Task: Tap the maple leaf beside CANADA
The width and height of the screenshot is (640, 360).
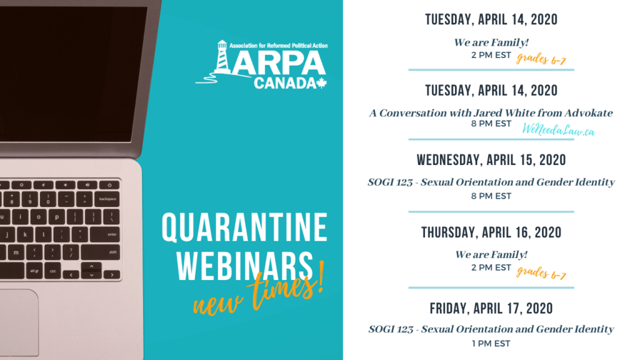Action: [322, 83]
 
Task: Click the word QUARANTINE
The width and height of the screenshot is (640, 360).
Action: [244, 227]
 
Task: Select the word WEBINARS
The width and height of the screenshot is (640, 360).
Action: [244, 266]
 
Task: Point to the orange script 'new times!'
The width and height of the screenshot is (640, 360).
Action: [258, 291]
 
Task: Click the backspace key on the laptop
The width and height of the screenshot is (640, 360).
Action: [107, 199]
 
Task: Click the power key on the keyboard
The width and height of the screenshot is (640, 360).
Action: [109, 185]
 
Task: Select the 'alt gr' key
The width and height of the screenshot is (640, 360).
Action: [34, 271]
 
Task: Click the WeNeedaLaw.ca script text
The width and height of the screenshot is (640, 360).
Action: [558, 130]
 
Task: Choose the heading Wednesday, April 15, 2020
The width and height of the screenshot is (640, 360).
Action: [491, 160]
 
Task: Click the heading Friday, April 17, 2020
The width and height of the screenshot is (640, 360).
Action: [491, 309]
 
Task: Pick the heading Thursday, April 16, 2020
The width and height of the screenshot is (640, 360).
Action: [491, 232]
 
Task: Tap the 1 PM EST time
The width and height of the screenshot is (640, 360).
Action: [491, 344]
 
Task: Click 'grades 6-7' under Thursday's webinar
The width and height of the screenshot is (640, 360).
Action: [541, 273]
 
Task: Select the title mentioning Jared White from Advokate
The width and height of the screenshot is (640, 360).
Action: [491, 113]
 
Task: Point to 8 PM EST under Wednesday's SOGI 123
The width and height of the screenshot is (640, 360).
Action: [491, 196]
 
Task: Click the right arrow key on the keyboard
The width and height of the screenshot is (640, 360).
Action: [111, 275]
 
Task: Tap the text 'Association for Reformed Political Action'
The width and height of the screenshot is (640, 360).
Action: [278, 46]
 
